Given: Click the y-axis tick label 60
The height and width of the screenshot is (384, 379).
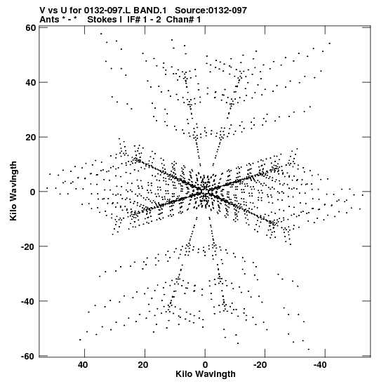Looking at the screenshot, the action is (31, 28).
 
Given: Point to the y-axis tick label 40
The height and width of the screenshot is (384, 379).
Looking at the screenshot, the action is (31, 83).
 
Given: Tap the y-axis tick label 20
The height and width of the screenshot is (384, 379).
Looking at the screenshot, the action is (31, 137).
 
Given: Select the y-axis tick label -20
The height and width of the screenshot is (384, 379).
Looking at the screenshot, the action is (28, 246).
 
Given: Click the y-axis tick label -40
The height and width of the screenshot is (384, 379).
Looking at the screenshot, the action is (28, 301).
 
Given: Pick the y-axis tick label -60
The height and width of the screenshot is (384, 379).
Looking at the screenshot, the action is (28, 356).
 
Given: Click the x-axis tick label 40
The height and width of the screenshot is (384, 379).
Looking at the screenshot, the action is (83, 365).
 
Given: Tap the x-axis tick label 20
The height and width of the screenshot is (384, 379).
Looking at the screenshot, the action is (143, 365).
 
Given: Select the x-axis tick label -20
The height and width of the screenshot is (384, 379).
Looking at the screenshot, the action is (260, 365).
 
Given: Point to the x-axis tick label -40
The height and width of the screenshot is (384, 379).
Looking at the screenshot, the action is (320, 365).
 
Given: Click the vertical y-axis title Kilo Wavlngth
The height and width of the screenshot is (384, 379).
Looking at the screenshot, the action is (13, 191).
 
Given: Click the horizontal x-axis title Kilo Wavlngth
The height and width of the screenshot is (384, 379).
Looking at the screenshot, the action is (206, 374).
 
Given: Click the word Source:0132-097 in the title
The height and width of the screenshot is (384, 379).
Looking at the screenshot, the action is (211, 11).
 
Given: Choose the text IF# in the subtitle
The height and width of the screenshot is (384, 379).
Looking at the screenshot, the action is (133, 20).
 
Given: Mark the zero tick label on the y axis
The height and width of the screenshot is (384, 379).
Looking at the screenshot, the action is (33, 192).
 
